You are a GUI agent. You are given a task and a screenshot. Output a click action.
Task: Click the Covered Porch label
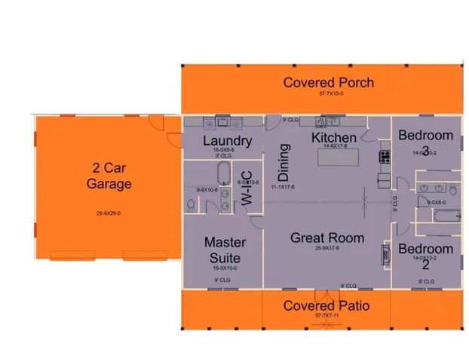click(x=328, y=82)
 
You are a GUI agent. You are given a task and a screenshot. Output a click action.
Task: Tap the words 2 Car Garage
click(x=109, y=175)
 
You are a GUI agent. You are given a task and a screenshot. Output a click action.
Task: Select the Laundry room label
click(x=227, y=141)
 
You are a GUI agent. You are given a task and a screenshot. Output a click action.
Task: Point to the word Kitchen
click(x=334, y=138)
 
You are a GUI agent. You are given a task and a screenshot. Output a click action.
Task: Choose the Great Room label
click(x=327, y=238)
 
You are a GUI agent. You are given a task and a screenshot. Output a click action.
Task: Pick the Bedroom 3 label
click(x=426, y=143)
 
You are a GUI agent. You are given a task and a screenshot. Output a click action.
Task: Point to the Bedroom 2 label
click(x=426, y=256)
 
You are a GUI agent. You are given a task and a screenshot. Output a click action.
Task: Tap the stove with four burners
click(x=385, y=158)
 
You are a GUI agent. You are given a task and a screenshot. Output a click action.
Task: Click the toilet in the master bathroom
click(x=189, y=204)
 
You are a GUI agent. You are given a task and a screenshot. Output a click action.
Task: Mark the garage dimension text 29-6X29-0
click(x=109, y=213)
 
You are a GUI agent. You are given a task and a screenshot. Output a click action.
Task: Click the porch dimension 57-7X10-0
click(x=329, y=94)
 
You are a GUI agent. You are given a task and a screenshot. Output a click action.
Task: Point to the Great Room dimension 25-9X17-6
click(x=327, y=248)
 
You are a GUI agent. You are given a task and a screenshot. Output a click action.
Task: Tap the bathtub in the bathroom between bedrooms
click(x=441, y=216)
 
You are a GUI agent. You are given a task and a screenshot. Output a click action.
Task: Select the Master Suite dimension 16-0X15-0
click(x=225, y=268)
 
